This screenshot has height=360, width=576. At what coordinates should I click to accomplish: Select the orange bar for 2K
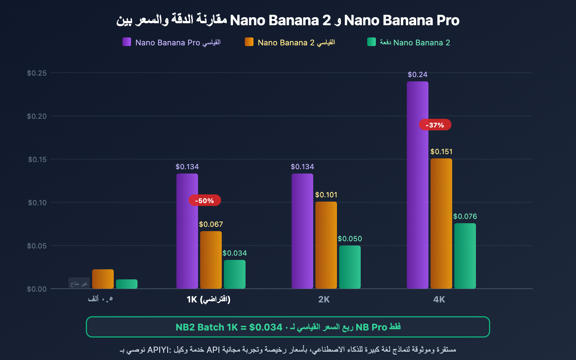(326, 245)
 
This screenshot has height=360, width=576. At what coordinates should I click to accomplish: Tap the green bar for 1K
(235, 274)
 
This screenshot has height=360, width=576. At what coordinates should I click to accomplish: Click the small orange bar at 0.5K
(103, 279)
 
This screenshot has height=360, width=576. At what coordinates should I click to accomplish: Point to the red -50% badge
(204, 201)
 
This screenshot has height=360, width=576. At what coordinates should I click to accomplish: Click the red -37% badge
(435, 125)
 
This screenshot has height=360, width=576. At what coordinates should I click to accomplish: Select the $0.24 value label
(418, 75)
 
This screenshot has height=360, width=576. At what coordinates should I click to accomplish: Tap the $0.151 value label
(441, 152)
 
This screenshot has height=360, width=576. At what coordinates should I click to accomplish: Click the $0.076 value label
(465, 216)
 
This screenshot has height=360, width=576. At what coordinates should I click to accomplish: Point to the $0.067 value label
(211, 224)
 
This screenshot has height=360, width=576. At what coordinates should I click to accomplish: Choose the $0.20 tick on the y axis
(37, 116)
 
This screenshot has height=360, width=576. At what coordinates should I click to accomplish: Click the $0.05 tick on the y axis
(37, 246)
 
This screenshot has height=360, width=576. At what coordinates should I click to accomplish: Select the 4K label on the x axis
(439, 300)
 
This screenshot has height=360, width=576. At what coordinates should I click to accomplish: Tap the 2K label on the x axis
(324, 300)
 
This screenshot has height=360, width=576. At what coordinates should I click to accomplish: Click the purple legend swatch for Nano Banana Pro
(127, 42)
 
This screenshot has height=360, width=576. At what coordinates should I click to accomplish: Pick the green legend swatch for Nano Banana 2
(372, 42)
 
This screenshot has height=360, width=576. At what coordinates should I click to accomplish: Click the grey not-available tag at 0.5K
(79, 283)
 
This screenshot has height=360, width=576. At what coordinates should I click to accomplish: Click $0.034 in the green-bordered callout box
(266, 327)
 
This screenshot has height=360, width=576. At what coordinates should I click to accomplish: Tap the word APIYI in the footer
(158, 350)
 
